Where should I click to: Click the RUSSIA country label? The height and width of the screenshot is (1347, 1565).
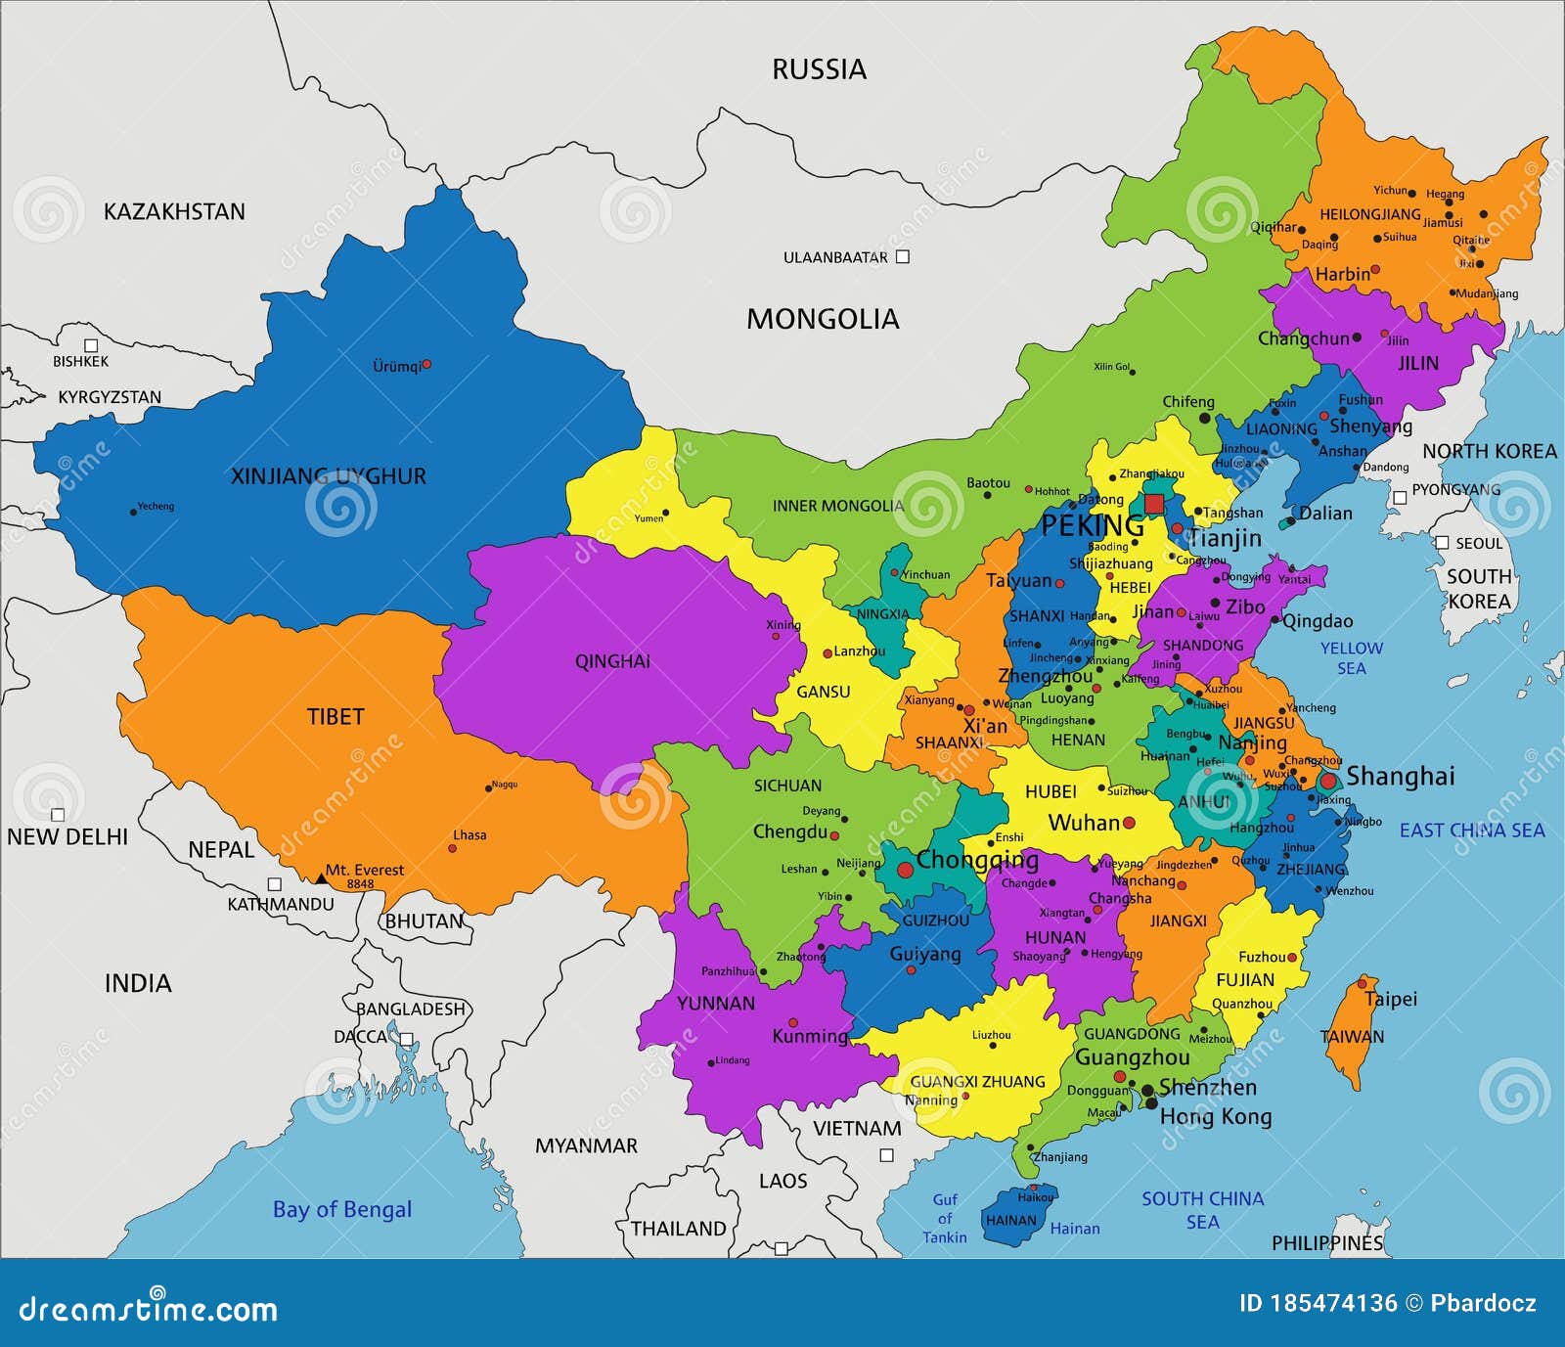pos(819,69)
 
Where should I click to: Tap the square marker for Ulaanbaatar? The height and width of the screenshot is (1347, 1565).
pos(903,256)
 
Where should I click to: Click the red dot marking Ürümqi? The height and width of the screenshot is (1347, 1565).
pos(426,364)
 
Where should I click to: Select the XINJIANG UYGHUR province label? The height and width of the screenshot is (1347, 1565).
pos(328,476)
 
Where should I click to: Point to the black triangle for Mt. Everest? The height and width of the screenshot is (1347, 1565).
pos(321,878)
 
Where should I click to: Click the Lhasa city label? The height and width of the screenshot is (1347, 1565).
pos(469,834)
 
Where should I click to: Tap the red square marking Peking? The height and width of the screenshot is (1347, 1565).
pos(1154,504)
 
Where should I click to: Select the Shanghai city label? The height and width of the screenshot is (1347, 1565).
pos(1400,776)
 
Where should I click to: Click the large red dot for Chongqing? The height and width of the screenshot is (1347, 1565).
pos(905,869)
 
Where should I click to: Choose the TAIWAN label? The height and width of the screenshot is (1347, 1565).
pos(1352,1037)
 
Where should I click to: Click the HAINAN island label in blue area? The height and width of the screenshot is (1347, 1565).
pos(1010,1220)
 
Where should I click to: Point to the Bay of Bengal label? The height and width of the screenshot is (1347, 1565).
pos(341,1209)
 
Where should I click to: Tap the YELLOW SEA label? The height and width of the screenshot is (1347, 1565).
pos(1351,657)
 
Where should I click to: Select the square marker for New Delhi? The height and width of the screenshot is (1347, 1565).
pos(58,815)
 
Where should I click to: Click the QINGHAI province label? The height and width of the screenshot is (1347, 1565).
pos(612,661)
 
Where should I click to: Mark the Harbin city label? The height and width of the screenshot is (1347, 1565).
pos(1342,274)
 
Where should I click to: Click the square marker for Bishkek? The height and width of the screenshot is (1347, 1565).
pos(91,345)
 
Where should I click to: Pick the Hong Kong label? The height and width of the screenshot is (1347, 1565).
pos(1215,1116)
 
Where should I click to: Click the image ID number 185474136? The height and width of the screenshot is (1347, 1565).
pos(1333,1303)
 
